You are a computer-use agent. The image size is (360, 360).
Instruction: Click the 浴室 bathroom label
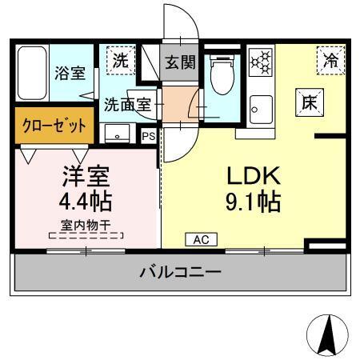pos(70,74)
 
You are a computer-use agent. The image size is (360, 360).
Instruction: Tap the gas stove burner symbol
pos(260,61)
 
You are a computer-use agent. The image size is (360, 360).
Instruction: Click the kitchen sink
pos(260,106)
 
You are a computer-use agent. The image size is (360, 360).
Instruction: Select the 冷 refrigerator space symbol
pos(330,58)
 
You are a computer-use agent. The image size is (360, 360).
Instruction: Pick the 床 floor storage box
pos(310,102)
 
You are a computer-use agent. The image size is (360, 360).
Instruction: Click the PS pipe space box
pos(148,136)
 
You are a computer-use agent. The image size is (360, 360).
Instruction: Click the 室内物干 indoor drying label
pos(86,224)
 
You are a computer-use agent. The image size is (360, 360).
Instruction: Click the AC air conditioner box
pos(200,239)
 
